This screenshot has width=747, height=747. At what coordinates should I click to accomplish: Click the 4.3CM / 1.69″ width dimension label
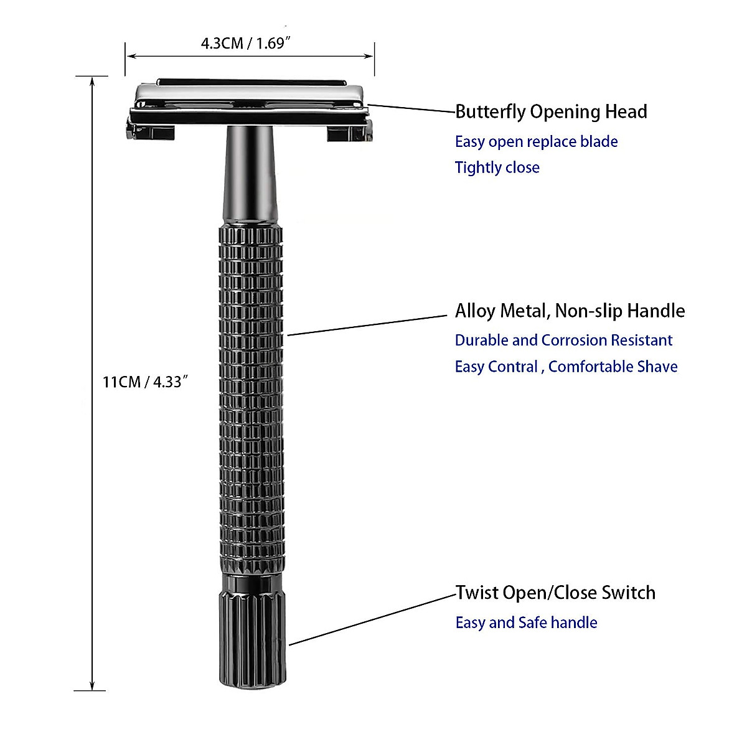coord(246,43)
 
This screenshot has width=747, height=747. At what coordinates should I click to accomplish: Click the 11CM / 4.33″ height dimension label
coord(145,382)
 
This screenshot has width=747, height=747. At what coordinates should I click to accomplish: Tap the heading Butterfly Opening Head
coord(551,112)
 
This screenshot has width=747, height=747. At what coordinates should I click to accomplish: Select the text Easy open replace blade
coord(536,142)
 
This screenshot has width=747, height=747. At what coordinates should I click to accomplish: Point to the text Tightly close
coord(497,167)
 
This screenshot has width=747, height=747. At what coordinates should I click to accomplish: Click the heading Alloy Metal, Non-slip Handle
coord(570,311)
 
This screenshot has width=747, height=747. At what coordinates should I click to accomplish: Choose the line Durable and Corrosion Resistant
coord(563,341)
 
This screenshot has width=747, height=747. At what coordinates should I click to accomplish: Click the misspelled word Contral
coord(513,367)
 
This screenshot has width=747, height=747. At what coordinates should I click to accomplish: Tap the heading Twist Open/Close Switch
coord(555,593)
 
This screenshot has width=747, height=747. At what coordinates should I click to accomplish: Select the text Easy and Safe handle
coord(526,622)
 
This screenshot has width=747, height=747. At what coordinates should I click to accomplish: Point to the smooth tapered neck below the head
coord(250,174)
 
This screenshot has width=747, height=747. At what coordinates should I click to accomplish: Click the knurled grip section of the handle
coord(251,398)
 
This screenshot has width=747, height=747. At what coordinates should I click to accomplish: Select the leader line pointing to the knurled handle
coord(367,325)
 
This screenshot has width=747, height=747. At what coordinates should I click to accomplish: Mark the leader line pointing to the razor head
coord(411,108)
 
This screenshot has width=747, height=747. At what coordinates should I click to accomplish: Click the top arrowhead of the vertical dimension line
coord(92,81)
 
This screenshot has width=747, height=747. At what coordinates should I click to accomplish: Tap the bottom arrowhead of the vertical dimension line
coord(92,686)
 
